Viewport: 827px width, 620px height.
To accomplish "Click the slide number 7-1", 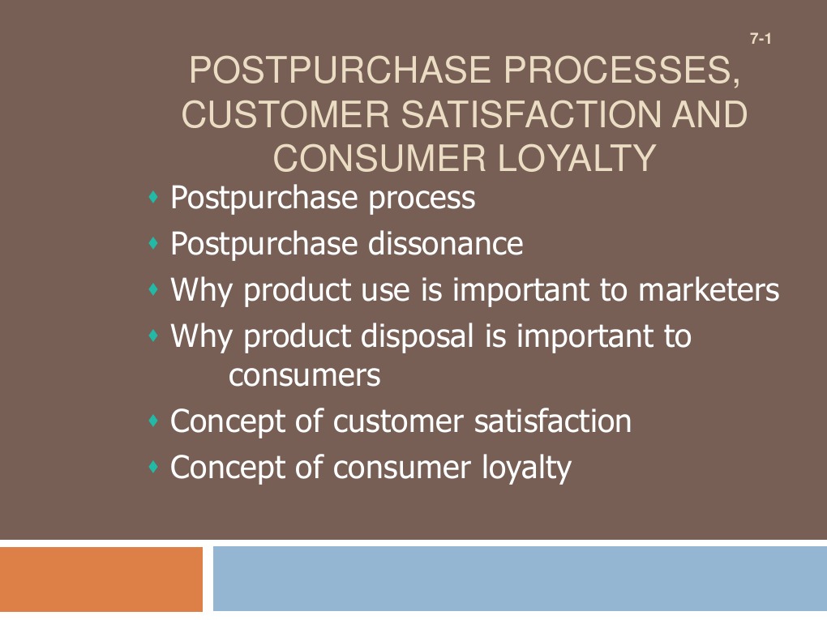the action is (x=761, y=38).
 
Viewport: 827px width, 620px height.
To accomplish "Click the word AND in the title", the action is (x=710, y=114).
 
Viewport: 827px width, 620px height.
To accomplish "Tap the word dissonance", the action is (x=445, y=244).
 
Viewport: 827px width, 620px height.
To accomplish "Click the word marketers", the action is (x=709, y=290).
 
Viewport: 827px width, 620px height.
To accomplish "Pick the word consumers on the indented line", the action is (x=304, y=375).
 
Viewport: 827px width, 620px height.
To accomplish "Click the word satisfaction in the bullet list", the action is (x=553, y=421).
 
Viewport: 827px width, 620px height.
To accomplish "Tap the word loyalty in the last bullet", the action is (x=526, y=468).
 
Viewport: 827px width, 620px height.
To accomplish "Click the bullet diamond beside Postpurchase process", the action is (x=153, y=197).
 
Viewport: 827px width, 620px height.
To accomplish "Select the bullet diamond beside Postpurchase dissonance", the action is (x=153, y=243).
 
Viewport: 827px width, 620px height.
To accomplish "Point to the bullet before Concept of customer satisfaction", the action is (x=153, y=421).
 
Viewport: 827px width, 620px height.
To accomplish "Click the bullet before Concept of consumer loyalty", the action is (x=153, y=467).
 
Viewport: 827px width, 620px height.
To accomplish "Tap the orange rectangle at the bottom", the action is (x=101, y=579).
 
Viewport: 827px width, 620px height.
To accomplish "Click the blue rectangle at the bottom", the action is (x=520, y=579).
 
